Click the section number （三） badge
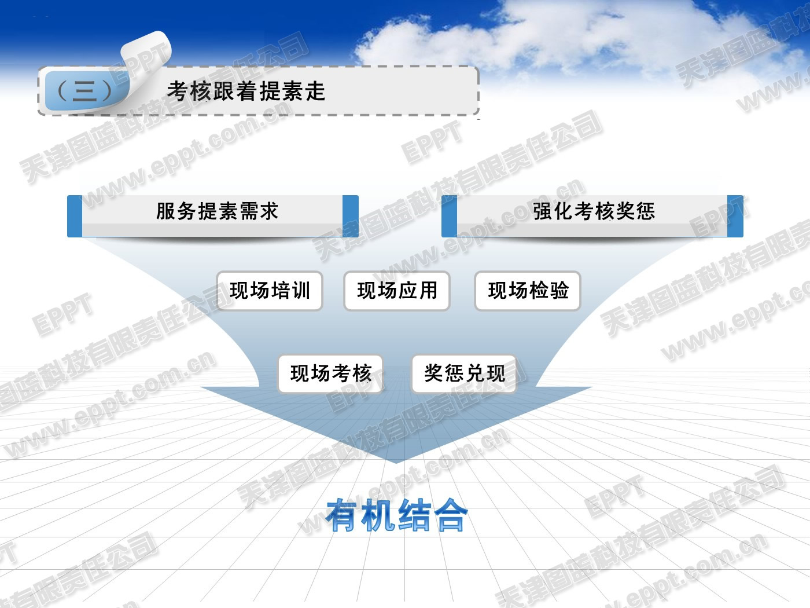point(86,91)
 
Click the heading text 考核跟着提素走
point(246,91)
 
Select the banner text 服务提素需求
point(217,211)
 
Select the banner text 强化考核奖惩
point(594,211)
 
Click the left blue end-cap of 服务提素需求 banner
point(75,216)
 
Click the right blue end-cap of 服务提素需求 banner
point(351,216)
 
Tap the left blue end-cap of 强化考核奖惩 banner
point(449,216)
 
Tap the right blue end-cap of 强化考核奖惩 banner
point(735,216)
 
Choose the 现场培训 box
point(270,291)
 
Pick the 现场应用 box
point(397,291)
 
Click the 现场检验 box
point(528,291)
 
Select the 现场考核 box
point(330,373)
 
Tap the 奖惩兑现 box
point(464,373)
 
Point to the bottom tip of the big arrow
point(396,463)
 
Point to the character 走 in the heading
point(315,91)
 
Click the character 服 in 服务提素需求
point(165,211)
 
